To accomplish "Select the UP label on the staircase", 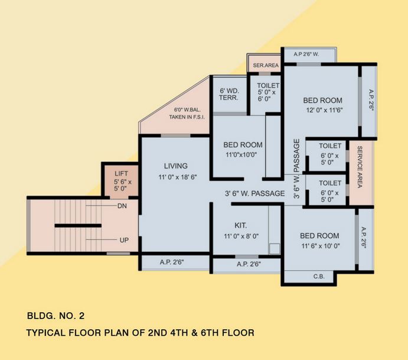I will (123, 240).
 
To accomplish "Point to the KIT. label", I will (240, 225).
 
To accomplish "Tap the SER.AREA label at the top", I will (266, 65).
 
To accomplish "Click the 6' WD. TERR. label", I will (229, 95).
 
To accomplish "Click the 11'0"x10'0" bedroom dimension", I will (243, 155).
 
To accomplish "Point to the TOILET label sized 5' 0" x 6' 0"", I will (268, 86).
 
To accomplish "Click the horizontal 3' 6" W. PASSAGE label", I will (254, 193).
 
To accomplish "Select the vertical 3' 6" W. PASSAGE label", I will (297, 168).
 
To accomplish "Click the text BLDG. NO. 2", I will (59, 316).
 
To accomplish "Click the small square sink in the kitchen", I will (274, 249).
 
